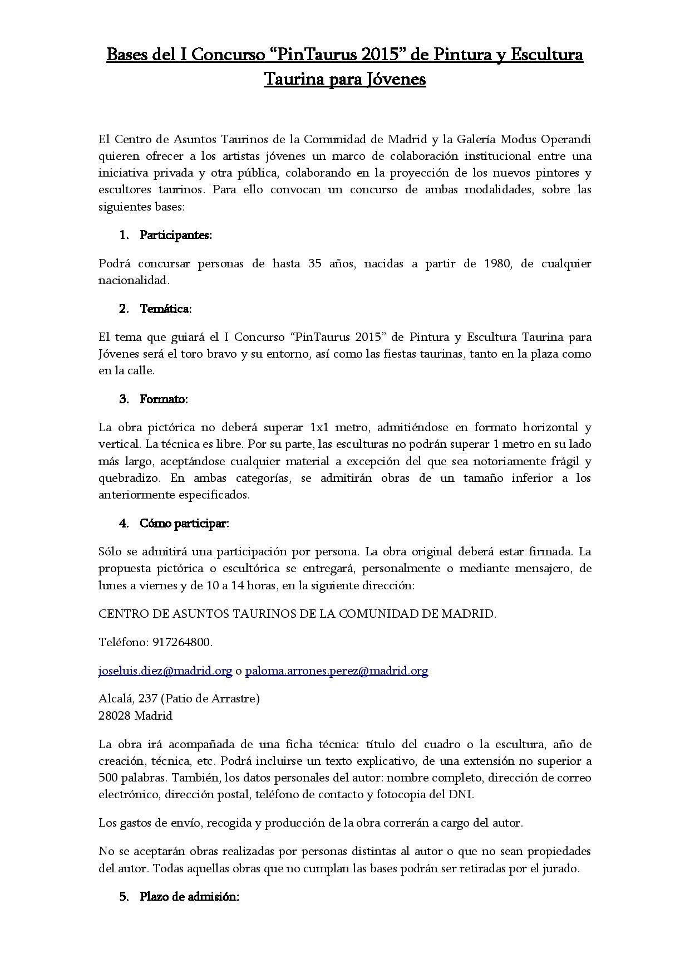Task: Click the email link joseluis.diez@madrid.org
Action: tap(165, 671)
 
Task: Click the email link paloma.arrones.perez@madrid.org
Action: tap(336, 671)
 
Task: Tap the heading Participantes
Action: tap(176, 235)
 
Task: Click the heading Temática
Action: tap(166, 309)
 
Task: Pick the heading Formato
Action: tap(164, 399)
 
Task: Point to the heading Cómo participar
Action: tap(184, 524)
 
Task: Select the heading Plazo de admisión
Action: tap(189, 897)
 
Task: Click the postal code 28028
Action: tap(115, 716)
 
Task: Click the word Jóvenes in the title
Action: tap(396, 80)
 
